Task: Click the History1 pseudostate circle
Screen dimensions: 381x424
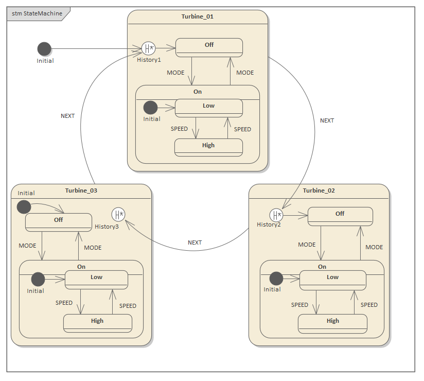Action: coord(148,49)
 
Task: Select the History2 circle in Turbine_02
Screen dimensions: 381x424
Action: coord(276,215)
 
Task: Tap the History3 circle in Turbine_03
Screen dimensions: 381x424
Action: coord(119,214)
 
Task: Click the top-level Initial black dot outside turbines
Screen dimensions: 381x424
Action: coord(45,49)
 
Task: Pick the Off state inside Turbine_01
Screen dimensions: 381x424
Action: coord(209,47)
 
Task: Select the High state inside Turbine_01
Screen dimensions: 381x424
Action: coord(208,147)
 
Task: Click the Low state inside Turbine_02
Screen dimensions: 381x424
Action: coord(332,280)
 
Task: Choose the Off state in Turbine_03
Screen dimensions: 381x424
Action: coord(59,222)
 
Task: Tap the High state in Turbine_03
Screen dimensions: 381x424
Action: coord(97,323)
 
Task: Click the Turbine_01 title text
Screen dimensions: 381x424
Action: coord(197,16)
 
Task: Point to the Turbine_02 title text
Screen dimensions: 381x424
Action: coord(319,190)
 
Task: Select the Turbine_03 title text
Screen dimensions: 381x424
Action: coord(81,190)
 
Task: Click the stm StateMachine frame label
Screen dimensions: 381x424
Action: coord(34,13)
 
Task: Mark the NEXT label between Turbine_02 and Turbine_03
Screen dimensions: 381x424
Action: coord(195,243)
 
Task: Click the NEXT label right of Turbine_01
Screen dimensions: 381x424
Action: coord(327,120)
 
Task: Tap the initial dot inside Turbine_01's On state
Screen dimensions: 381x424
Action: coord(150,108)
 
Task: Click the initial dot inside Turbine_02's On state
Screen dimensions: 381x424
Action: coord(276,279)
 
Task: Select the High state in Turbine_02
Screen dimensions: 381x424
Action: coord(332,323)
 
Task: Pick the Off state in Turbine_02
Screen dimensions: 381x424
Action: coord(340,216)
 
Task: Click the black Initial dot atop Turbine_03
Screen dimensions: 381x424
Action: coord(24,207)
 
